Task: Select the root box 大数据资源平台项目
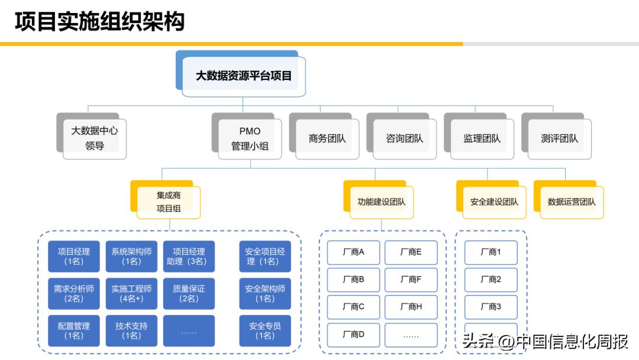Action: click(244, 76)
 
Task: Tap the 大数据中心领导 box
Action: click(95, 138)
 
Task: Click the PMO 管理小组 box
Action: click(250, 138)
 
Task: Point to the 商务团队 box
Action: click(327, 138)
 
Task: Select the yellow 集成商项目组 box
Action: click(169, 201)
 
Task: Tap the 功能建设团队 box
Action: click(382, 201)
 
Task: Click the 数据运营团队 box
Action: click(572, 201)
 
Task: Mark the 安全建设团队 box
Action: click(494, 201)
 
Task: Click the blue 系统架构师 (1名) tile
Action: click(131, 256)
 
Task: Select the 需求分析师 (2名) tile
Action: click(74, 294)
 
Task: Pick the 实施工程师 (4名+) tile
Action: click(131, 294)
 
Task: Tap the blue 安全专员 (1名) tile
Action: click(265, 331)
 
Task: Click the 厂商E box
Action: click(411, 252)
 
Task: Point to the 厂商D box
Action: click(353, 335)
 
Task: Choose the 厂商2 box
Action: click(490, 279)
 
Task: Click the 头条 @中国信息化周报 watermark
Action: click(545, 342)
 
